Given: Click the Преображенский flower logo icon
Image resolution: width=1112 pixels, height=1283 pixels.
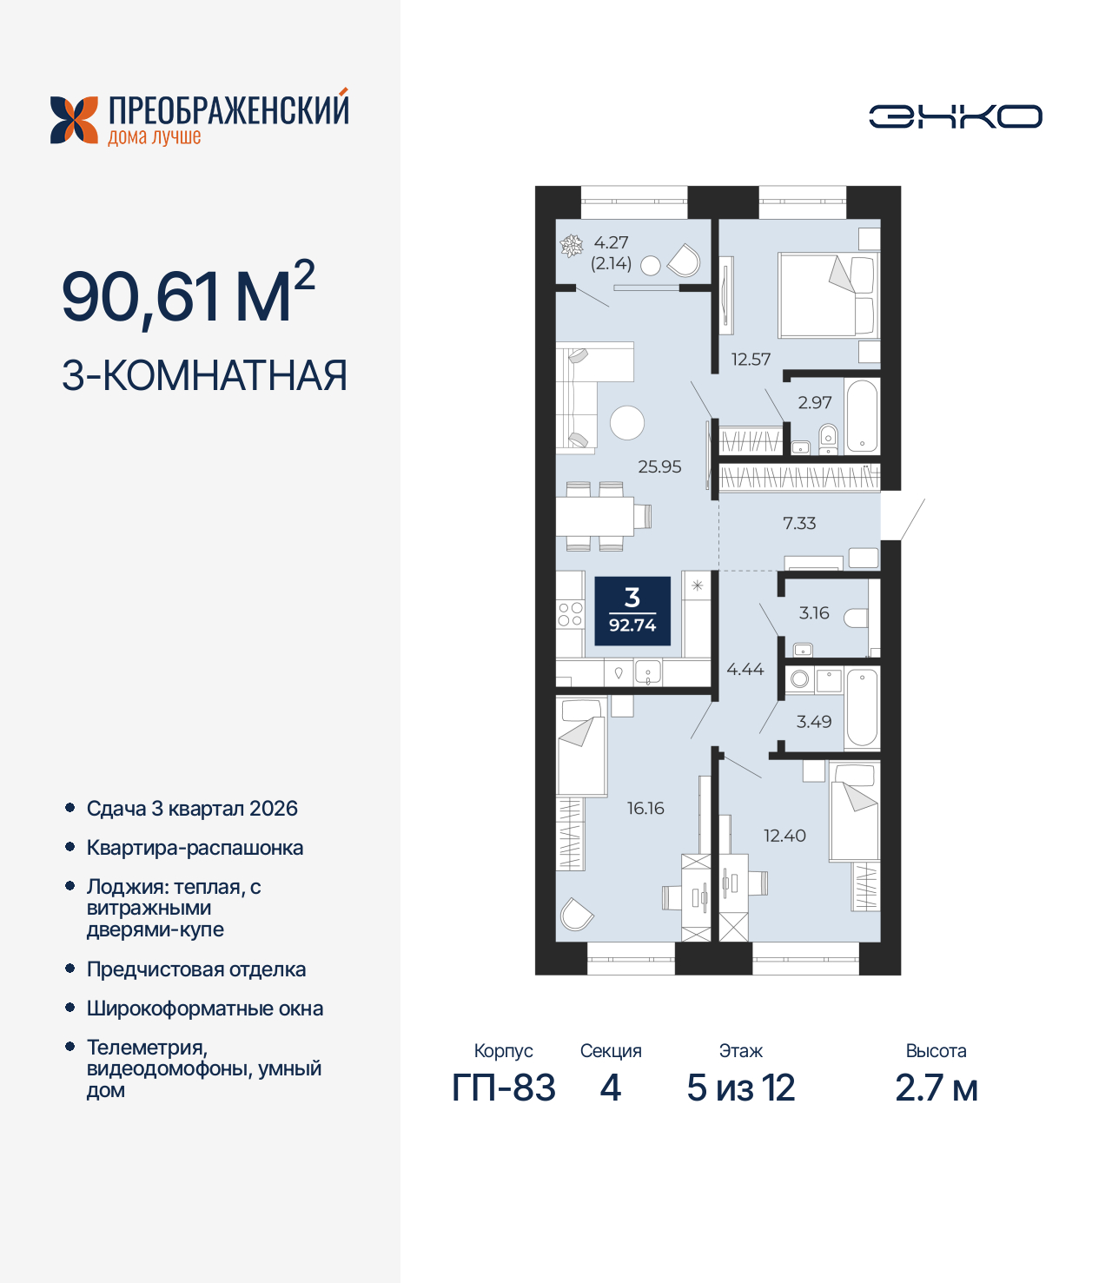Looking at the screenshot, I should [x=74, y=120].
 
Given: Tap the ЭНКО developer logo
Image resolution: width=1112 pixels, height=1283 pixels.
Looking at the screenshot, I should [x=955, y=116].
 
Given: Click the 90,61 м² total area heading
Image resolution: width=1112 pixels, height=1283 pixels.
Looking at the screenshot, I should [x=188, y=295].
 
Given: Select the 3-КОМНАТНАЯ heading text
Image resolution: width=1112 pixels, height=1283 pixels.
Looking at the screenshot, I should [x=204, y=375].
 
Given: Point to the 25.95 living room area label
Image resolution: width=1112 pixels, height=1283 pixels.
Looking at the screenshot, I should [x=659, y=466].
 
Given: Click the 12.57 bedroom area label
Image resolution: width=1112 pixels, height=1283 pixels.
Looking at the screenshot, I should [x=751, y=359].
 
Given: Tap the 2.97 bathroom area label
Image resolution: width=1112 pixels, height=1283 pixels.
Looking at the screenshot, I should [x=814, y=402].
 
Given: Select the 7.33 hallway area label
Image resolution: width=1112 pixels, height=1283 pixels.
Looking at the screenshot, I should [x=799, y=523].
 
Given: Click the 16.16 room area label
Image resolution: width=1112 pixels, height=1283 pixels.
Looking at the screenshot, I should [x=645, y=808].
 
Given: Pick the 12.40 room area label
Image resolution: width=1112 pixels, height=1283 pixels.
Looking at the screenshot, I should [x=784, y=836].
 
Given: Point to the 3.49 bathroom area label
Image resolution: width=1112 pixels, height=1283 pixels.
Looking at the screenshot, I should [x=814, y=721].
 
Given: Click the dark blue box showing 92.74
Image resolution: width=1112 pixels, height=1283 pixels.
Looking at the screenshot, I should [x=632, y=612].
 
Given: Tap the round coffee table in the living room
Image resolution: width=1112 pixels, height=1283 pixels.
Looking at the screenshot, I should [x=627, y=423].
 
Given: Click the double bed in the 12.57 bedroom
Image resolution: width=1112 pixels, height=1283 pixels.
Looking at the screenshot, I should [x=827, y=295].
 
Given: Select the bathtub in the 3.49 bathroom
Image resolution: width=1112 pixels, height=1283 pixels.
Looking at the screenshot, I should [x=862, y=707].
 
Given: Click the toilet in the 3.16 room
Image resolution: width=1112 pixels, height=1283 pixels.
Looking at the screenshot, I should [x=856, y=618].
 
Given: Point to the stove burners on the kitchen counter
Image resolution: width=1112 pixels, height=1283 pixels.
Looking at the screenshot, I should [x=570, y=614].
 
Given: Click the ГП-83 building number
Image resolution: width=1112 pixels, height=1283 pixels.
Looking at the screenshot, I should [x=504, y=1088].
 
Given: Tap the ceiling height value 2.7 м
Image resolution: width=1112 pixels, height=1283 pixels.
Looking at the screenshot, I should [x=937, y=1088].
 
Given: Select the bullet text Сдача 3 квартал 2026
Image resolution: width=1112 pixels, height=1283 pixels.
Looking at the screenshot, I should [x=192, y=809].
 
